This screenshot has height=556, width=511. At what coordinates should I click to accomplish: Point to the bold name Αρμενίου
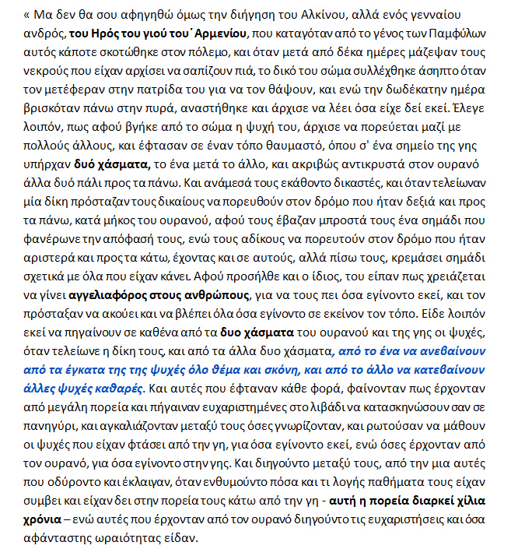(x=215, y=34)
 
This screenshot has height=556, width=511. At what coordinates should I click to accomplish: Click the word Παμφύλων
(x=445, y=34)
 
